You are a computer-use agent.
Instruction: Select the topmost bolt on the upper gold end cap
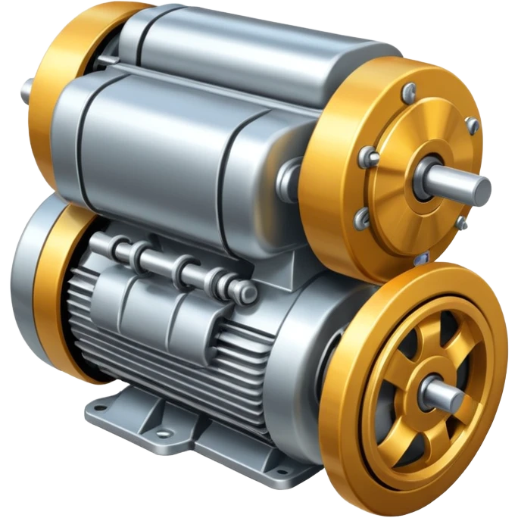coord(409,91)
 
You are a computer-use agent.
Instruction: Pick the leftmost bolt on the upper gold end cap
coord(371,157)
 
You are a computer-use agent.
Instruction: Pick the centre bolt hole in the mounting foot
coord(161,434)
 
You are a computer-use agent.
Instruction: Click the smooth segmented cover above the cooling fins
coord(167,303)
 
